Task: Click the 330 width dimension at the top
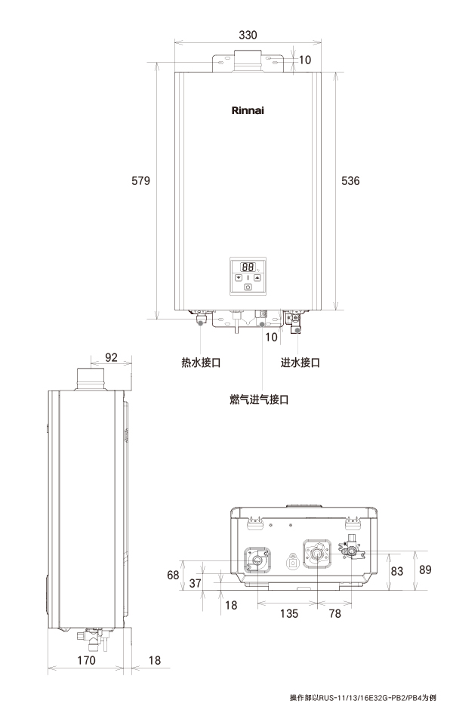click(248, 35)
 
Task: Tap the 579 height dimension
click(141, 181)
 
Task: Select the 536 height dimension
click(351, 181)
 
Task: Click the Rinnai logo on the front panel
click(248, 110)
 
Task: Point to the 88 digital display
click(247, 267)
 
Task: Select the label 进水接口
click(300, 363)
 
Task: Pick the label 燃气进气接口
click(260, 398)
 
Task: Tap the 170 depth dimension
click(87, 661)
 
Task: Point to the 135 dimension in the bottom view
click(288, 613)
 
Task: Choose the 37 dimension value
click(196, 583)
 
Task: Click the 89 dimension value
click(425, 570)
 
